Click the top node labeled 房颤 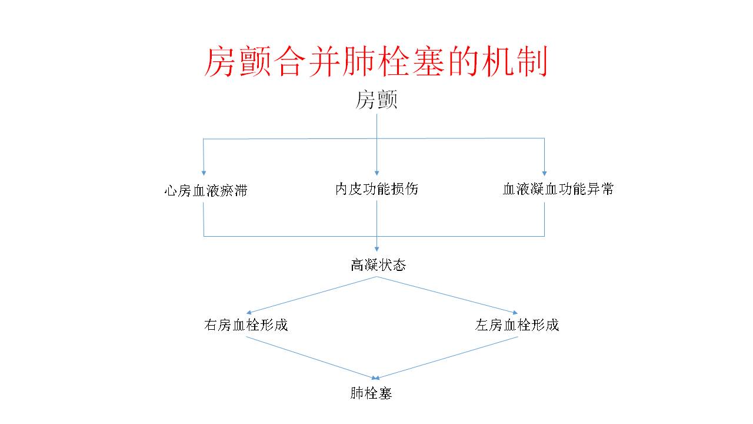[x=376, y=100]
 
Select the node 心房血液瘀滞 [x=205, y=191]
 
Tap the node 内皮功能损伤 [x=376, y=189]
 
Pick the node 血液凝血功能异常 [x=558, y=189]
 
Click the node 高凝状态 [x=378, y=265]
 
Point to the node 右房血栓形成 [x=246, y=324]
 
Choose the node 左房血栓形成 [x=517, y=324]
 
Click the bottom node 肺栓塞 [x=371, y=393]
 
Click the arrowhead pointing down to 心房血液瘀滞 [x=204, y=173]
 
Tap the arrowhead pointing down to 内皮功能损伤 [x=376, y=173]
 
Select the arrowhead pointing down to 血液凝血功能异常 [x=544, y=173]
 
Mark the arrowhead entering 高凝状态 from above [x=376, y=249]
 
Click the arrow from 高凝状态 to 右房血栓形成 [x=312, y=295]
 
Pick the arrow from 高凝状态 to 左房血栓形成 [x=447, y=295]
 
